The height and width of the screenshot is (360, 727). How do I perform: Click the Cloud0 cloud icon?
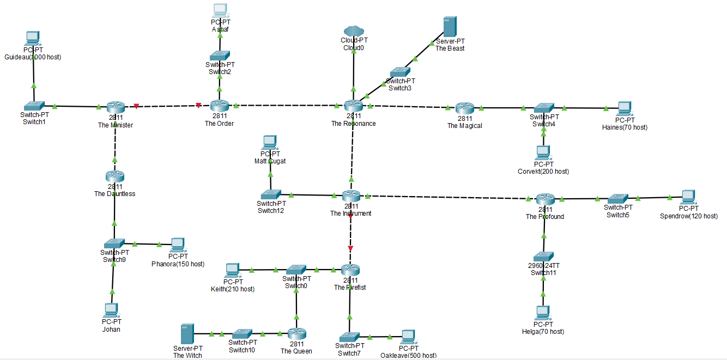coord(354,31)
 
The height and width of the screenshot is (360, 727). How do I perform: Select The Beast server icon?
coord(450,26)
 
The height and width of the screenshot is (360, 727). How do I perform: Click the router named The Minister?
coord(116,107)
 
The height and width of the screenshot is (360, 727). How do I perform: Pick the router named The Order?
coord(220,106)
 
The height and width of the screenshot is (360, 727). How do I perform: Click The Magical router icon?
coord(464,108)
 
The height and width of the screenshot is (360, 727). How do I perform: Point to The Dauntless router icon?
coord(115,176)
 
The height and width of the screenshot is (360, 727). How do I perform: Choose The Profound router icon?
coord(544,199)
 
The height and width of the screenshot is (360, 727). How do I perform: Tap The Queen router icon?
coord(296,333)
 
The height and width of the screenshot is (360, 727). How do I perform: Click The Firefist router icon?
coord(350,270)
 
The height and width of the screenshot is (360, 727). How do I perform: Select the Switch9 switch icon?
coord(114,243)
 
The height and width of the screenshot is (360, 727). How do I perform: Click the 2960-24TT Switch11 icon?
coord(543,256)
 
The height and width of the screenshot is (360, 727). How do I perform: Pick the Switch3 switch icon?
coord(400,72)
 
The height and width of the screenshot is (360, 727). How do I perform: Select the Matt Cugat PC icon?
coord(270,143)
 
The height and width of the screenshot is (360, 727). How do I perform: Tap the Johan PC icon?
coord(111,310)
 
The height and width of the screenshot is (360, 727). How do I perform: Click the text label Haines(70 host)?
coord(625,127)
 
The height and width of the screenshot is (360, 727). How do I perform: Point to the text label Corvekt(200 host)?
coord(543,171)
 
